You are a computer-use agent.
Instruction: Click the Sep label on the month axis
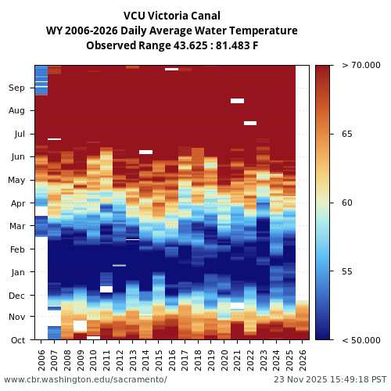[x=16, y=88]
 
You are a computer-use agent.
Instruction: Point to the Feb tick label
[x=16, y=249]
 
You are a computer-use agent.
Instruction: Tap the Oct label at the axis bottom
[x=17, y=340]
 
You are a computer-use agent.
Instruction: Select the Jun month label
[x=16, y=157]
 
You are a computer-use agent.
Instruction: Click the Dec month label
[x=16, y=296]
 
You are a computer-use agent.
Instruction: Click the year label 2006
[x=41, y=359]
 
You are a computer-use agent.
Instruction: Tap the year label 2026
[x=303, y=359]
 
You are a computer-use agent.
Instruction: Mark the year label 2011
[x=106, y=359]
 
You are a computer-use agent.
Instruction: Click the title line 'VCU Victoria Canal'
[x=172, y=16]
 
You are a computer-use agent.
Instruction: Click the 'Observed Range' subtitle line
[x=172, y=45]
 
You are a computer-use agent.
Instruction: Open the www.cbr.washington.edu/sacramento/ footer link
[x=85, y=379]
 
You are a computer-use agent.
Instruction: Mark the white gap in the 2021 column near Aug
[x=237, y=101]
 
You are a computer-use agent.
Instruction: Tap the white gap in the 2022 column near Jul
[x=250, y=123]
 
